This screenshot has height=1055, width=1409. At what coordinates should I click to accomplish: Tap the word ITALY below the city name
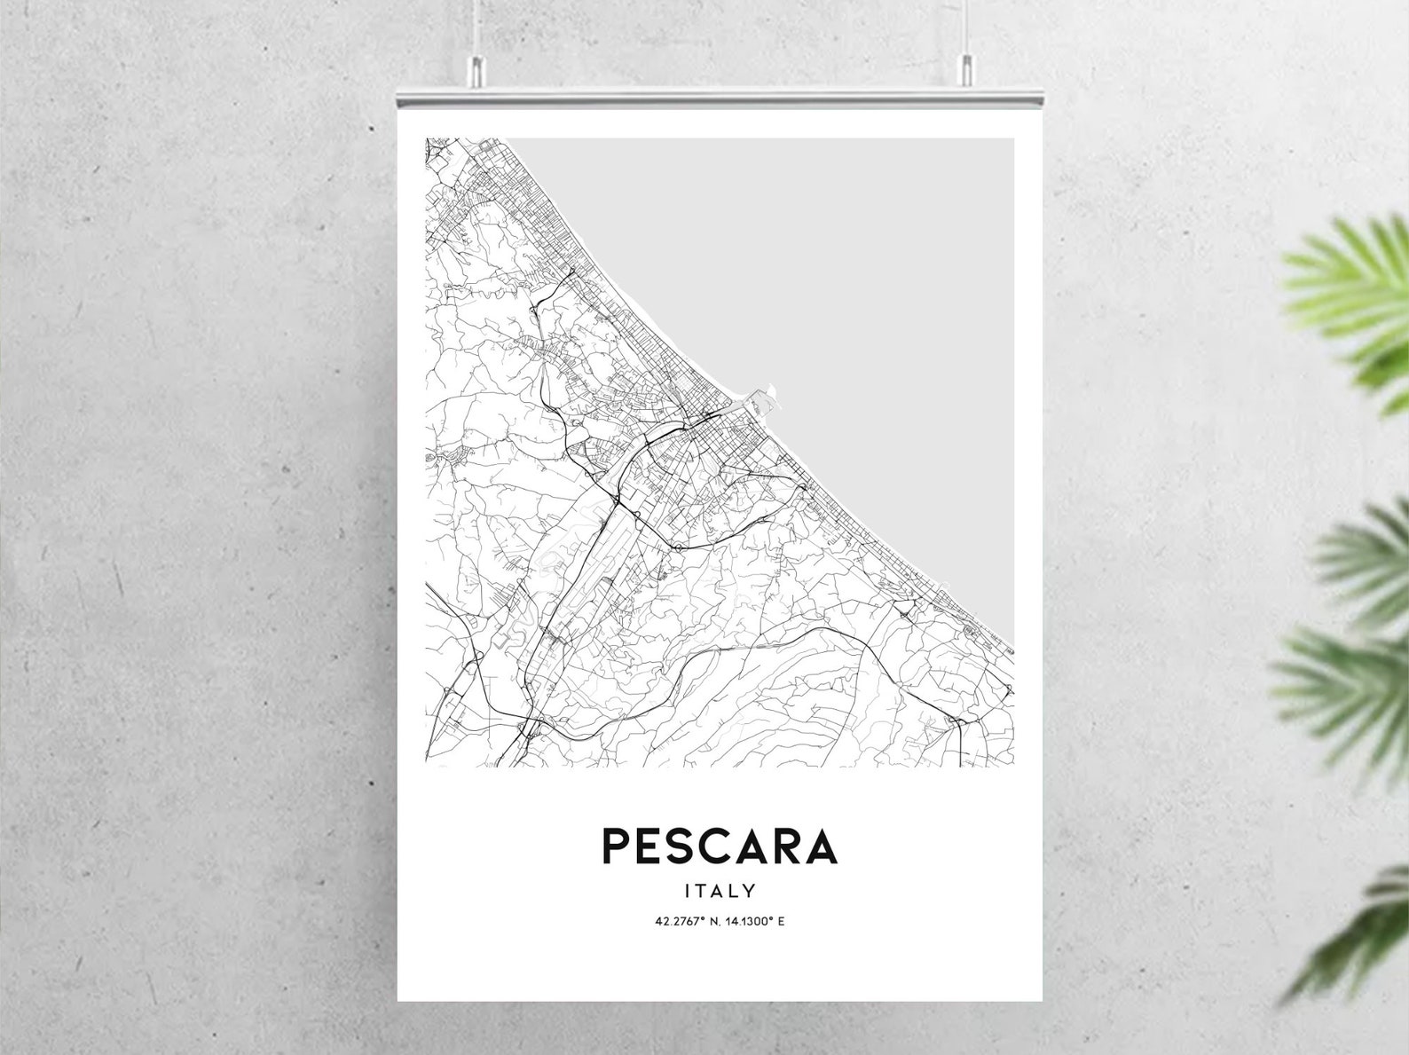(x=720, y=890)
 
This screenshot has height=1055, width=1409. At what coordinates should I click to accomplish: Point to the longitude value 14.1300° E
(x=756, y=921)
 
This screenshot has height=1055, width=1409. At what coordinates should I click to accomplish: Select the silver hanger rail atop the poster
(x=720, y=93)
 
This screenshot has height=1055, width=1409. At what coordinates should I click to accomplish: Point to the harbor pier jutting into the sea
(x=765, y=397)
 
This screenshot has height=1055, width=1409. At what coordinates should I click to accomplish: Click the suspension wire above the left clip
(x=476, y=27)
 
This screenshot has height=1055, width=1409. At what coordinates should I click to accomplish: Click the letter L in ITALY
(x=733, y=890)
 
